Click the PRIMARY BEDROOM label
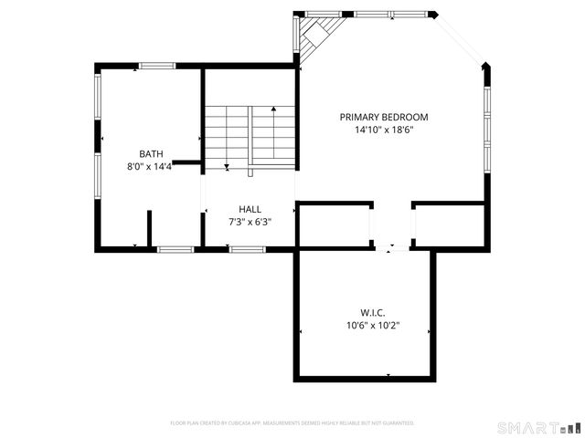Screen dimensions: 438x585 tap(384, 117)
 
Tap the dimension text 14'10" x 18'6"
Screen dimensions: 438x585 tap(384, 130)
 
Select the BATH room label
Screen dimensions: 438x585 tap(151, 153)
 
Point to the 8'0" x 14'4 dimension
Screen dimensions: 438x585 tap(150, 167)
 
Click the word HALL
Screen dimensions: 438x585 tap(250, 209)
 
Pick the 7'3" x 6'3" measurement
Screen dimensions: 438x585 tap(250, 222)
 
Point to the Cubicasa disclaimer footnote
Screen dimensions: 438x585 tap(292, 423)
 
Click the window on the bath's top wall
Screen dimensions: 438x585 tap(157, 65)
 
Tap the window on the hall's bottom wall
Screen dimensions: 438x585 tap(247, 249)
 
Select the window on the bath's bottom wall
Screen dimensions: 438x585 tap(175, 249)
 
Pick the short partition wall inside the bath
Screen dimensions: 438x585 tap(148, 229)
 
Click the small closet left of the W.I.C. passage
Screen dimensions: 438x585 tap(334, 225)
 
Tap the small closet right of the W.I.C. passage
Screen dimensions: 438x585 tap(448, 225)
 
